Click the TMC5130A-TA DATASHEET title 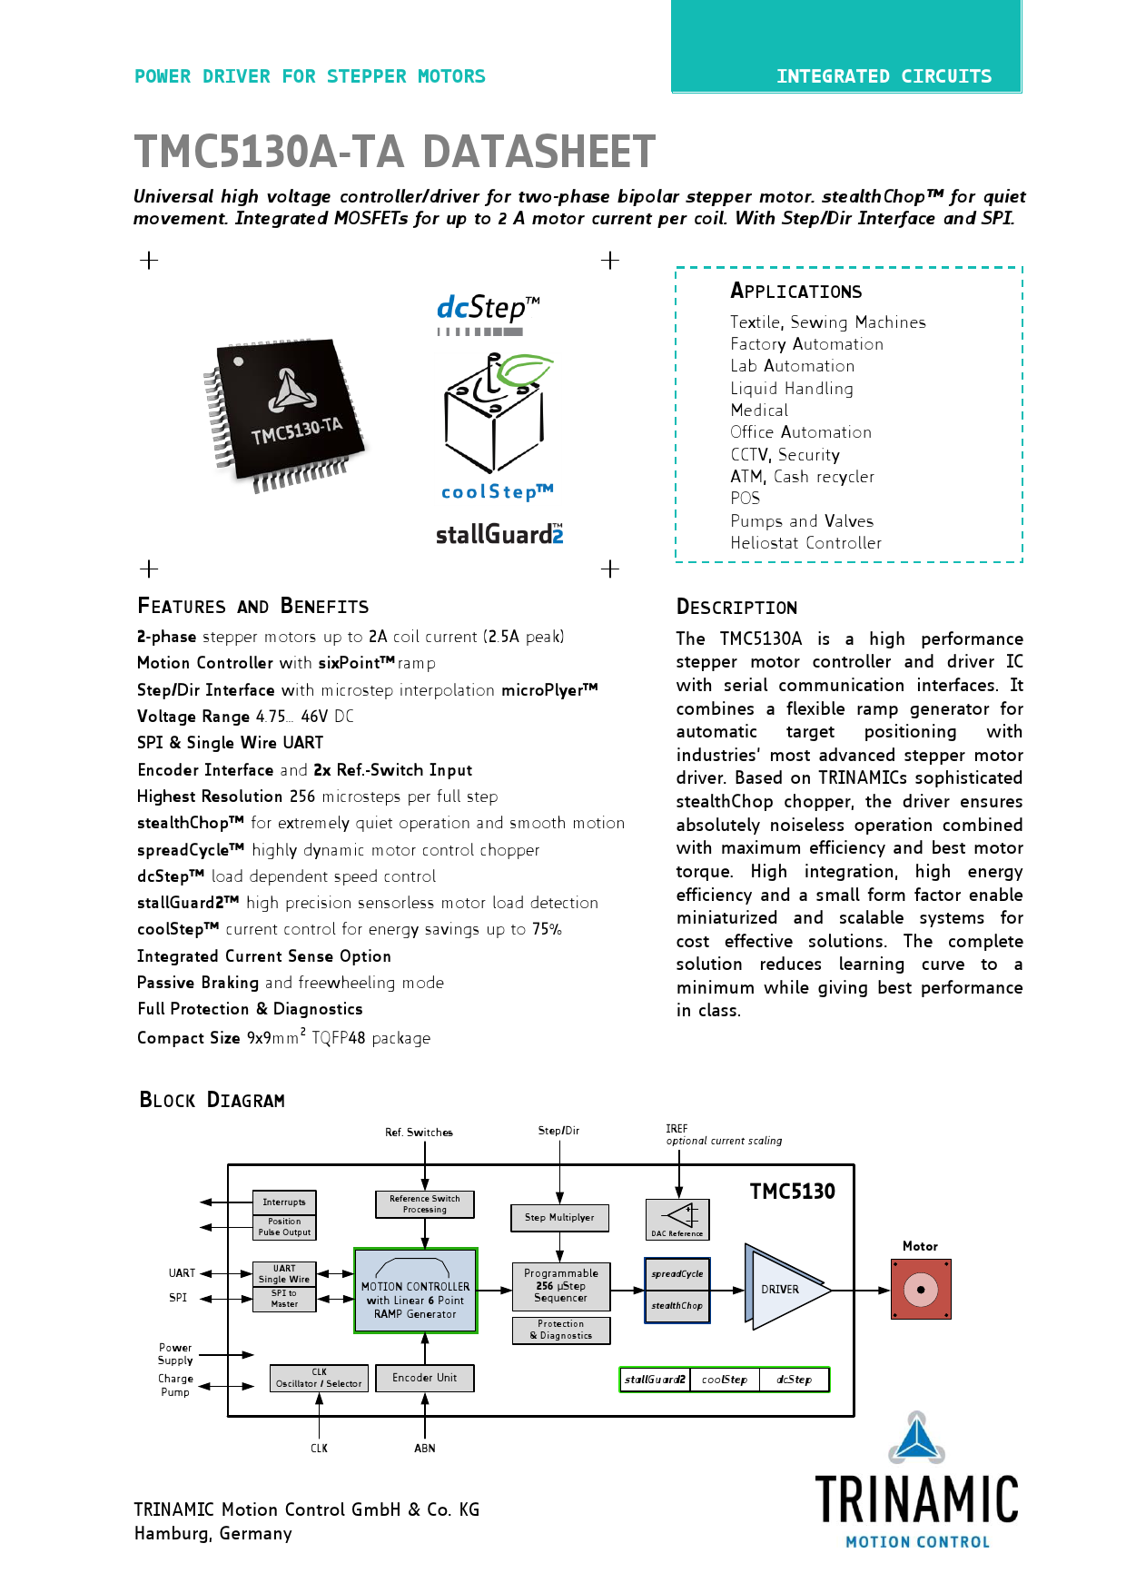[394, 152]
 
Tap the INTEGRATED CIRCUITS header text [884, 76]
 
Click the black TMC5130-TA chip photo [284, 415]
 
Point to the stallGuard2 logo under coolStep [499, 534]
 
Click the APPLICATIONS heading [796, 291]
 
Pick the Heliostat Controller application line [806, 543]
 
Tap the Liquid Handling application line [792, 389]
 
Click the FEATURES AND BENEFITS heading [253, 607]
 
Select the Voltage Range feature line [245, 717]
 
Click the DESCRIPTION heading [737, 608]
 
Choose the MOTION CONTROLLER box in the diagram [416, 1291]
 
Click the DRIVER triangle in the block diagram [786, 1290]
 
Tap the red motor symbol [921, 1289]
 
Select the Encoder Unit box [425, 1378]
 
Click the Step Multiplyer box [560, 1218]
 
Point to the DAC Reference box [677, 1220]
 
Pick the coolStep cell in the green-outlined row [725, 1380]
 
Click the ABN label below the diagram [425, 1449]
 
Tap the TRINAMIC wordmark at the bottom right [917, 1499]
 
